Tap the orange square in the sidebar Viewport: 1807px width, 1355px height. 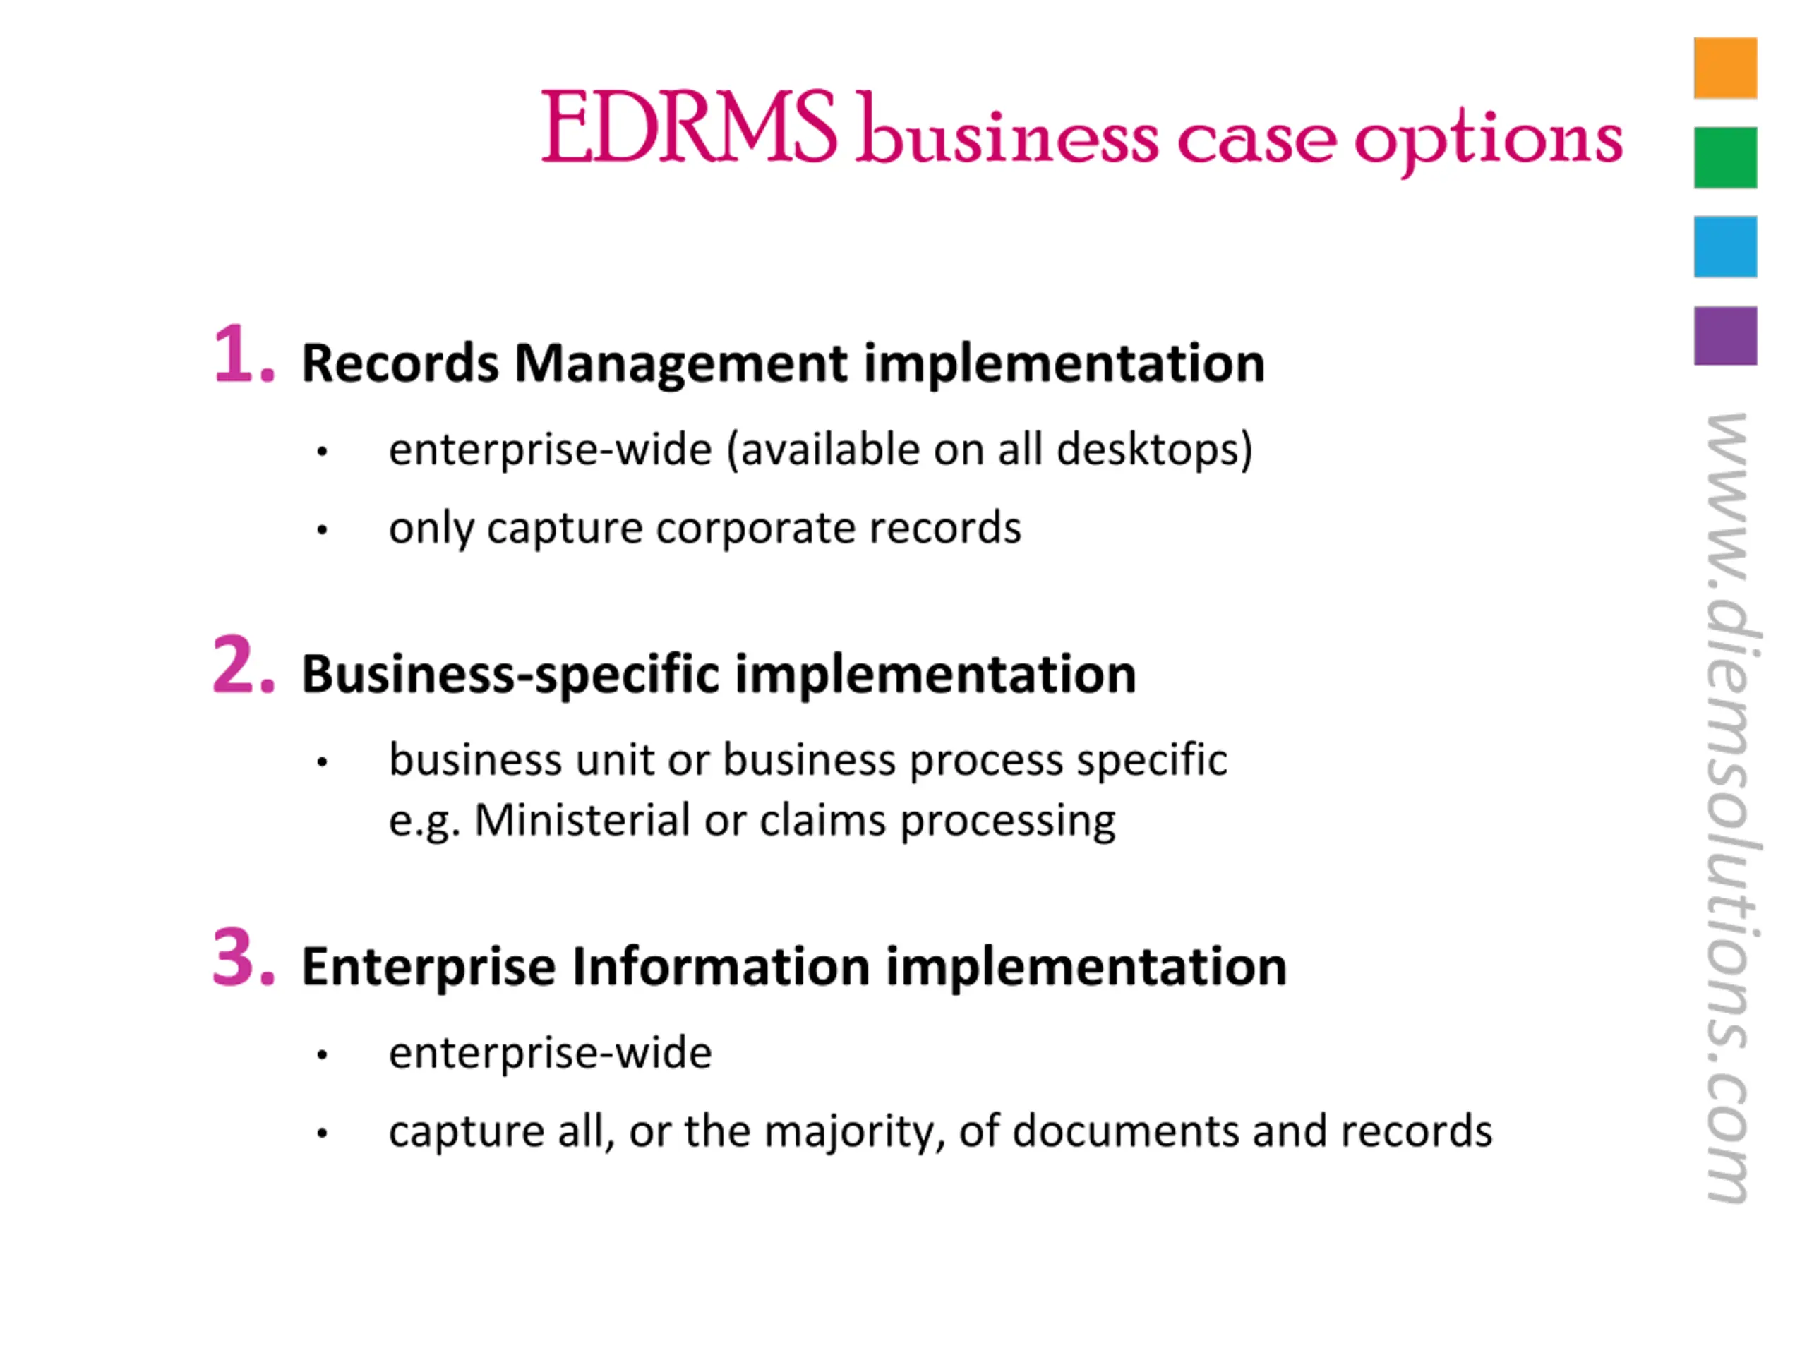pyautogui.click(x=1725, y=68)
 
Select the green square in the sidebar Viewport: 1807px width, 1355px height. pyautogui.click(x=1725, y=157)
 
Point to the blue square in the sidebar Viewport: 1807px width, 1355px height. pyautogui.click(x=1725, y=247)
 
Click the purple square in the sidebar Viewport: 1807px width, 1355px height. pyautogui.click(x=1725, y=336)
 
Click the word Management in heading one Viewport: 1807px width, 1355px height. pyautogui.click(x=680, y=363)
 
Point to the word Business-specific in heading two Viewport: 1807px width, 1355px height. pyautogui.click(x=510, y=675)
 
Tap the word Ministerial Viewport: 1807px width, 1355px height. pyautogui.click(x=582, y=820)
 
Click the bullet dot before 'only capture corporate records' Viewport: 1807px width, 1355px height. pyautogui.click(x=322, y=531)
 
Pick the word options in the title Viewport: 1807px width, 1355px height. pyautogui.click(x=1487, y=139)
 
